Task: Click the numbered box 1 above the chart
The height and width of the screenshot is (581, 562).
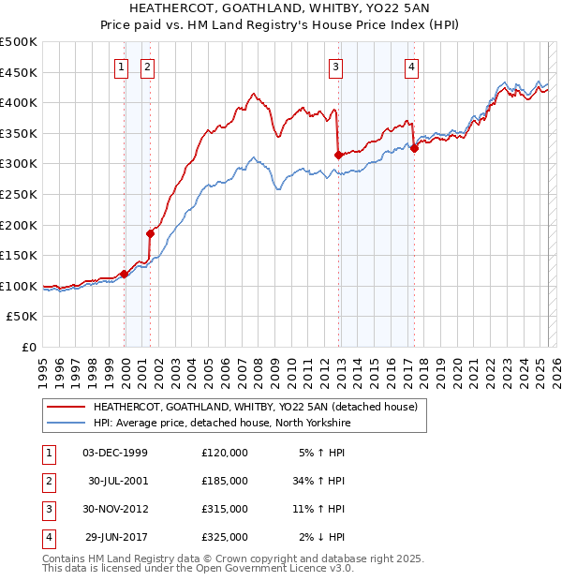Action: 122,66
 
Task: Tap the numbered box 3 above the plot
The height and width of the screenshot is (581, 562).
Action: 335,66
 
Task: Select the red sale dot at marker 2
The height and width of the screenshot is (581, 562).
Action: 150,233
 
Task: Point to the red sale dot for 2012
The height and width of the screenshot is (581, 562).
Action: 338,155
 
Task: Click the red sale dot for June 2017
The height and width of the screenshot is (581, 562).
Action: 414,148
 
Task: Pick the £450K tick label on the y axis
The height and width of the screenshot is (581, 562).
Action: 20,72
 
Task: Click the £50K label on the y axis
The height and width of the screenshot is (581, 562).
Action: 23,316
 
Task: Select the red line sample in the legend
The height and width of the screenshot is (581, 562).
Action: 66,407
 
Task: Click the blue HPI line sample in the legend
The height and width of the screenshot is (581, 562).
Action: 66,423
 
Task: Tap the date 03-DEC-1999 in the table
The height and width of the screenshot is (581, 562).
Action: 114,454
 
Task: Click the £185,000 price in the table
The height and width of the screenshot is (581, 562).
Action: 224,481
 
